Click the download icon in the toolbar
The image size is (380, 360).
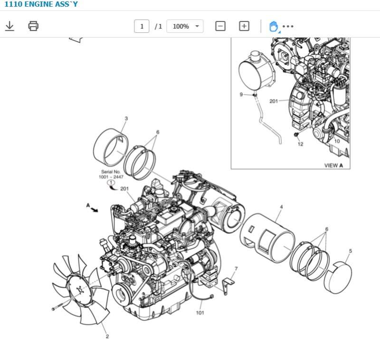9,26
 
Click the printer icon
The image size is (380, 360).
33,26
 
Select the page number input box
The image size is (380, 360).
142,26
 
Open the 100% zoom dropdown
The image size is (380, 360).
185,26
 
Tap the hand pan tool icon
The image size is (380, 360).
274,26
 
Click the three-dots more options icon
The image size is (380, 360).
288,26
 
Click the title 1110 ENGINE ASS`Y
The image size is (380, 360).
41,4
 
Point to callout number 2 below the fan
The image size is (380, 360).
107,336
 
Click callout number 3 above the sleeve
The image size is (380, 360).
126,118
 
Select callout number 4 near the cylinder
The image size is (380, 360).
281,207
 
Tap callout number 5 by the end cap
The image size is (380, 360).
351,251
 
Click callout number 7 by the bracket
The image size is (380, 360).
236,269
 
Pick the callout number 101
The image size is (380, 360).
200,312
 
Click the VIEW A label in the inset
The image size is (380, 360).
336,165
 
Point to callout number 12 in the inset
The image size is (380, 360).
300,144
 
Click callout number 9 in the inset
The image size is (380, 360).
241,95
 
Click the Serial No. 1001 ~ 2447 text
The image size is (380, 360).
111,174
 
